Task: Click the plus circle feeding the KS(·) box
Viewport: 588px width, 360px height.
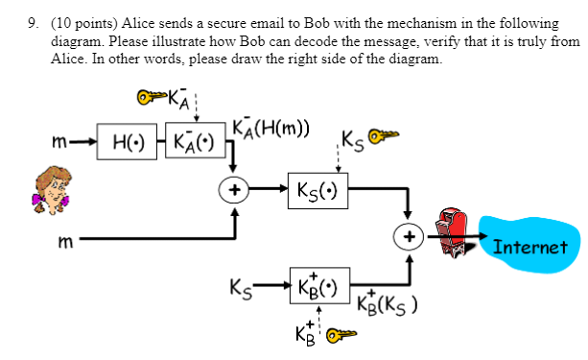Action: click(x=235, y=189)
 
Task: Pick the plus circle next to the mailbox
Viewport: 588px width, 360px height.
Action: click(x=410, y=236)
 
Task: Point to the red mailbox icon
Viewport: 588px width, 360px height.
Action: click(x=455, y=233)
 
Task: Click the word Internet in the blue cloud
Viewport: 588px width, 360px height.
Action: click(x=529, y=247)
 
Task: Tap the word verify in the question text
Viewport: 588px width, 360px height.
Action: click(x=409, y=41)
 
